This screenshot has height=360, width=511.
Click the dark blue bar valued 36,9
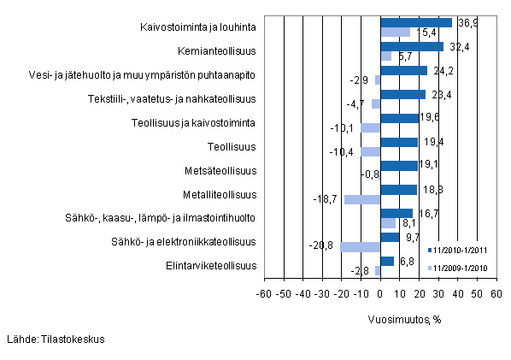(415, 22)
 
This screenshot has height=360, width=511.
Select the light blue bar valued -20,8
(360, 247)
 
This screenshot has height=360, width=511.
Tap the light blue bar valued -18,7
(361, 199)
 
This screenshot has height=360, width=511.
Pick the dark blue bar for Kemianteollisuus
(411, 46)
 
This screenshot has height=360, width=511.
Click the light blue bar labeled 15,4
(395, 32)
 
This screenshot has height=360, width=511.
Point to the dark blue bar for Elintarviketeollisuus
(386, 261)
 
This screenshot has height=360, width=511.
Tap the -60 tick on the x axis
(263, 293)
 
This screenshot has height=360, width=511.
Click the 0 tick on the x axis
(380, 293)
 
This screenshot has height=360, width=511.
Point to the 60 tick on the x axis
(496, 293)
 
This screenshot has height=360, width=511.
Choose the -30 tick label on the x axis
(321, 293)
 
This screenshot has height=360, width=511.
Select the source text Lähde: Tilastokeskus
(56, 339)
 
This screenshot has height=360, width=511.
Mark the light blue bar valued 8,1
(388, 223)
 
